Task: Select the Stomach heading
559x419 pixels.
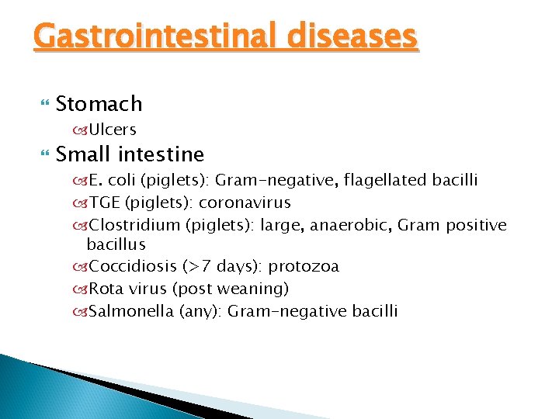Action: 99,103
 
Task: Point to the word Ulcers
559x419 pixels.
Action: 113,130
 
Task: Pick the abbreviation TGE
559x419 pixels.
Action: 105,203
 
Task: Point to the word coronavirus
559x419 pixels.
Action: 245,203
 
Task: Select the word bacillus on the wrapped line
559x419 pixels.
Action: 116,244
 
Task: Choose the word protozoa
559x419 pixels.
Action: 304,267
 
